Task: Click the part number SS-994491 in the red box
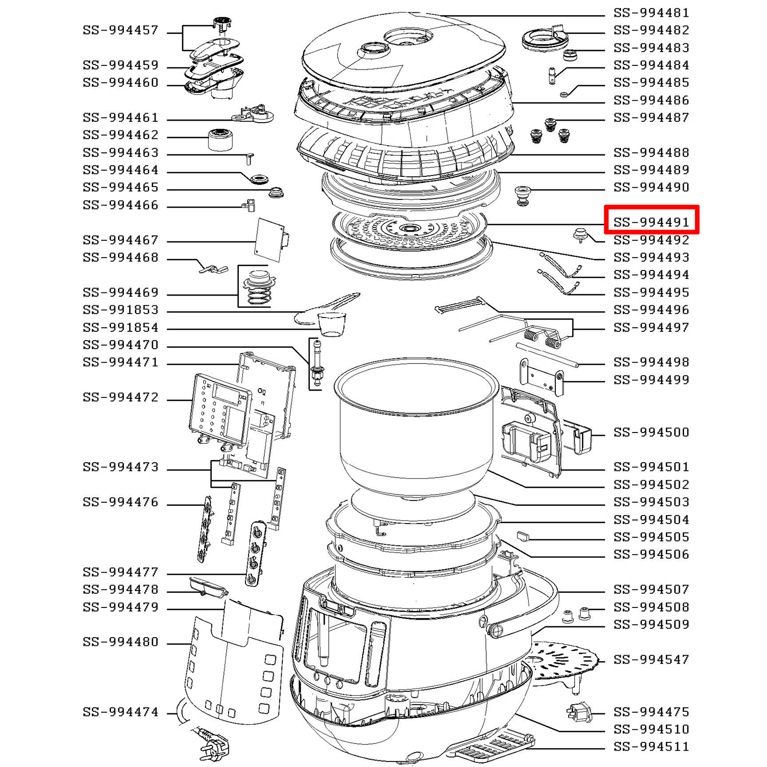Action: coord(651,222)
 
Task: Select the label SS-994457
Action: coord(121,30)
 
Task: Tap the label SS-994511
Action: coord(651,747)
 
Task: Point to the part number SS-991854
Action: coord(121,327)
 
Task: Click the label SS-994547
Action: coord(651,660)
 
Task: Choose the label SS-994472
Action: coord(121,397)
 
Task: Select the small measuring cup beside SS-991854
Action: coord(331,324)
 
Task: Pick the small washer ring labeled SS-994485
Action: coord(564,94)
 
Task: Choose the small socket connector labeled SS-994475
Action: coord(579,712)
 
